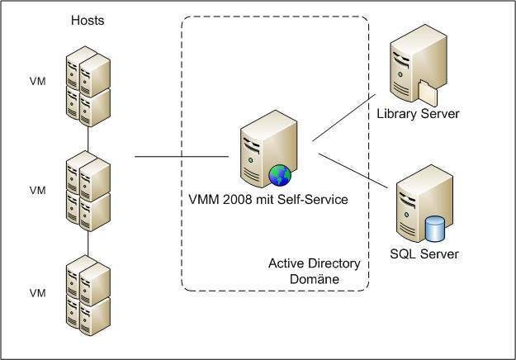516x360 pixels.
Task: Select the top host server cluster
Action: (88, 84)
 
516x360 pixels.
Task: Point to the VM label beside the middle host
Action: (37, 190)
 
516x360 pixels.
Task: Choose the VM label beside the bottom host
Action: (37, 293)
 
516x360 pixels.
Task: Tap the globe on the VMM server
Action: (279, 175)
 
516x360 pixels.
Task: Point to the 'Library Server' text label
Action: (417, 113)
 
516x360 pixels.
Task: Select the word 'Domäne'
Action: (314, 280)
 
